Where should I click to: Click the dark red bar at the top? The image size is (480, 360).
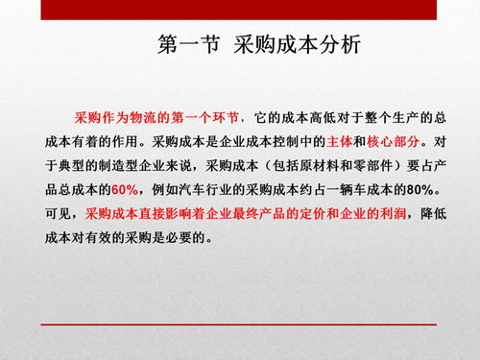(240, 8)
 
